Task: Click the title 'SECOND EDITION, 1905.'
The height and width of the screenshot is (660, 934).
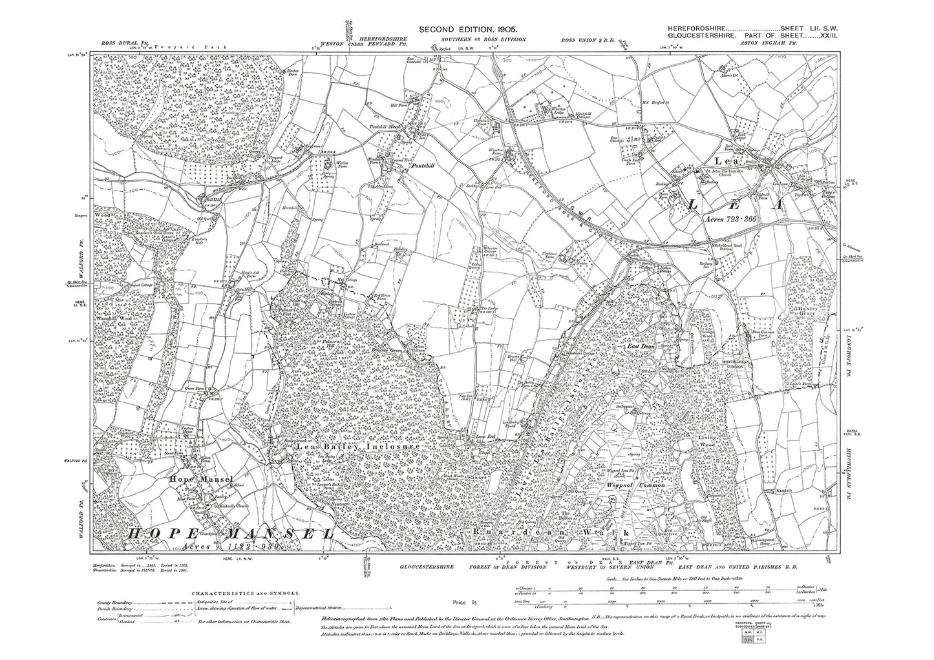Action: point(468,30)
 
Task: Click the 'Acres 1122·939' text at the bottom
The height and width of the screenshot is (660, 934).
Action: point(189,547)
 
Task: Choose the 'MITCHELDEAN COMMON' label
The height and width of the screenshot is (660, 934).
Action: point(741,364)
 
